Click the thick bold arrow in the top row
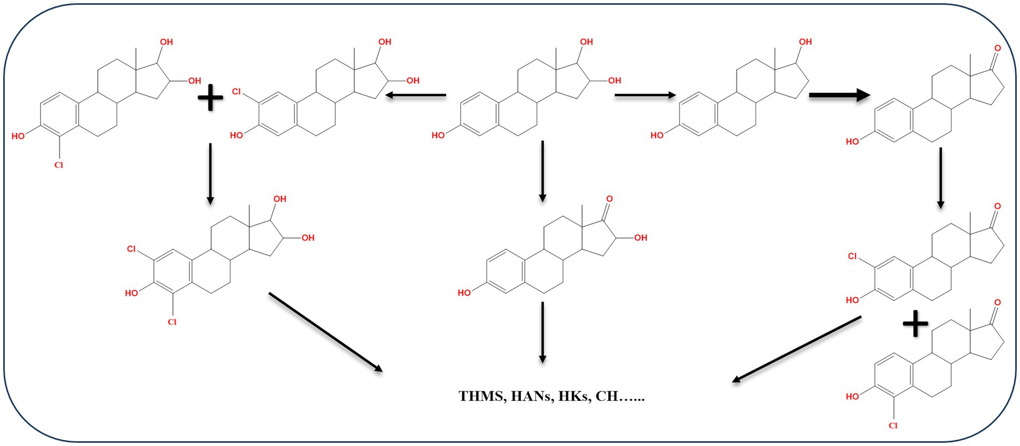pyautogui.click(x=839, y=96)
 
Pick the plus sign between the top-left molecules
pyautogui.click(x=211, y=99)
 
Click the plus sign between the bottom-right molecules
pyautogui.click(x=915, y=325)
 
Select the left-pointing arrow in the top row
pyautogui.click(x=416, y=96)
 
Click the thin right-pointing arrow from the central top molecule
pyautogui.click(x=645, y=96)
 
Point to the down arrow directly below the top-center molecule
pyautogui.click(x=543, y=171)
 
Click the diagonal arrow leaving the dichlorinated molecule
pyautogui.click(x=325, y=331)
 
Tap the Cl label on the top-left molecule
pyautogui.click(x=58, y=165)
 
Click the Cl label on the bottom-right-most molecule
pyautogui.click(x=893, y=426)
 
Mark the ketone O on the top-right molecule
pyautogui.click(x=997, y=48)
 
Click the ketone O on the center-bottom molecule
pyautogui.click(x=609, y=199)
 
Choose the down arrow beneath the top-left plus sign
pyautogui.click(x=210, y=173)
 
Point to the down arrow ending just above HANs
pyautogui.click(x=543, y=332)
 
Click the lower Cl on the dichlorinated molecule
pyautogui.click(x=172, y=322)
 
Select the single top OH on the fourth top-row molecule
pyautogui.click(x=805, y=42)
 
